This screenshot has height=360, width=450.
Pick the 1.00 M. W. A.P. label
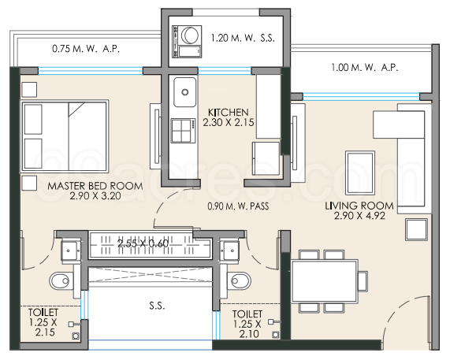point(366,68)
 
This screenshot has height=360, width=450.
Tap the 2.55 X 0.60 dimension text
point(143,243)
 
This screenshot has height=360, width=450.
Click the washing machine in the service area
point(188,35)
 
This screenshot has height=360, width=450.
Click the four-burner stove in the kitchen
point(184,129)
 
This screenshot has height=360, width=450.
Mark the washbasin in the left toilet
point(69,251)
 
